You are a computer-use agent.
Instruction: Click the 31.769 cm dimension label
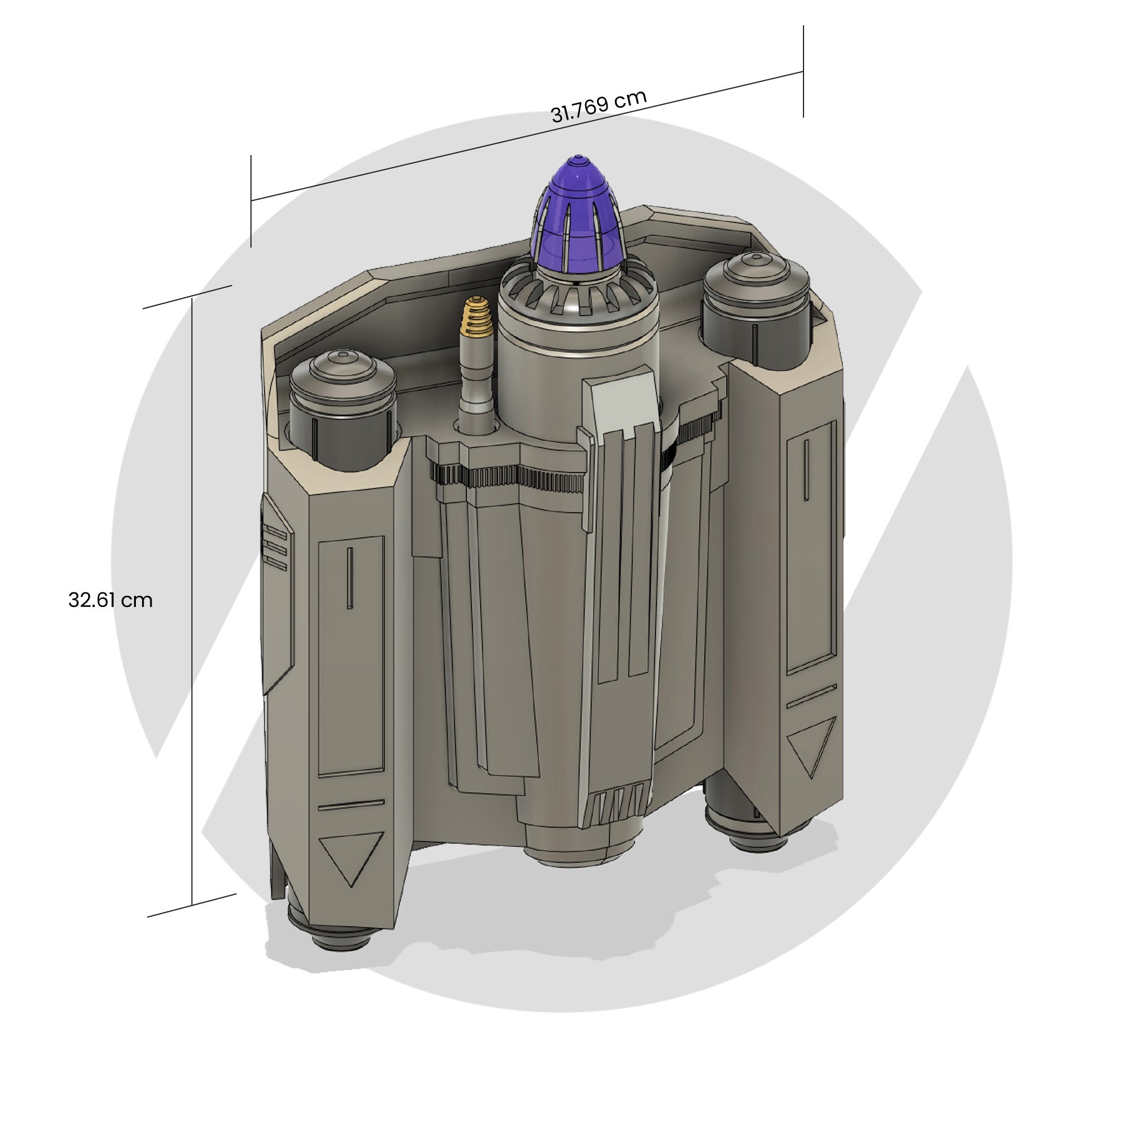coord(598,106)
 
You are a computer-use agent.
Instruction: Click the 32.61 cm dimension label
coord(110,600)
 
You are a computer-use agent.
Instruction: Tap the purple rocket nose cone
coord(577,215)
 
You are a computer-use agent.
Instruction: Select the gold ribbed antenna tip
coord(477,316)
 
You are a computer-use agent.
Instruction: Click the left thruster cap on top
coord(343,372)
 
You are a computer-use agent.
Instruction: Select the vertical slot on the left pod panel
coord(350,578)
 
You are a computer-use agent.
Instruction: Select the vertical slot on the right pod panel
coord(806,469)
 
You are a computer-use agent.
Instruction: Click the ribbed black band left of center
coord(506,477)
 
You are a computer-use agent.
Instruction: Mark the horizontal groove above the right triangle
coord(811,696)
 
